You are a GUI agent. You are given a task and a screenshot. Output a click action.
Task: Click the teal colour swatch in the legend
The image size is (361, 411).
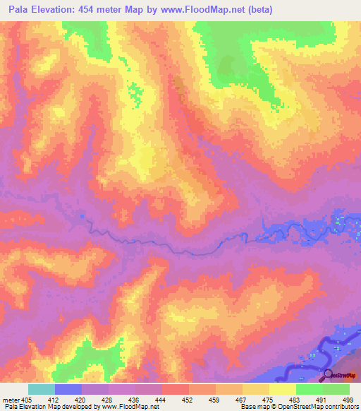pos(42,389)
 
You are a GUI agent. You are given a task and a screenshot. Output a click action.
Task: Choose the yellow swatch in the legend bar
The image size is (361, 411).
pos(283,389)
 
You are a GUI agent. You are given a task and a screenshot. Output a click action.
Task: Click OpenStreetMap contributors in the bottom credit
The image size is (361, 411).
pos(322,407)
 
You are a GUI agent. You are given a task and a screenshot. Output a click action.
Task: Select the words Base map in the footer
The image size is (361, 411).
pos(255,407)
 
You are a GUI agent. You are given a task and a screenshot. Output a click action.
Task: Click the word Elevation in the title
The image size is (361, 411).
pos(56,9)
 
